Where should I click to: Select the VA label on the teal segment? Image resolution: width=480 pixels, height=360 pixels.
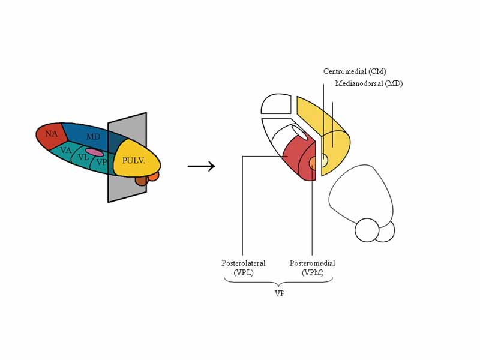[x=66, y=150]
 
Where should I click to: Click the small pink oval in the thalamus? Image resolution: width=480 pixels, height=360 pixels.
[x=94, y=152]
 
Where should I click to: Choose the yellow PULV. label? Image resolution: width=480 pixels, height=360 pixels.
[x=134, y=161]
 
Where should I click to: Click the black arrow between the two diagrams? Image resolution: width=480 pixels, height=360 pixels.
[x=201, y=167]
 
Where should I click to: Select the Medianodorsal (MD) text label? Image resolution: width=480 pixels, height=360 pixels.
[x=368, y=83]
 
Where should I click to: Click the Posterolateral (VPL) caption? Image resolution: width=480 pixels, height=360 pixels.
[x=243, y=268]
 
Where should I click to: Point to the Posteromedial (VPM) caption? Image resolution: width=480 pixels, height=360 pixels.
[x=312, y=268]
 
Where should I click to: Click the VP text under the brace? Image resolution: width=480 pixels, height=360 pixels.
[x=280, y=294]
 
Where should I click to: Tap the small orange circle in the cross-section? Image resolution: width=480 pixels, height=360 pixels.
[x=313, y=163]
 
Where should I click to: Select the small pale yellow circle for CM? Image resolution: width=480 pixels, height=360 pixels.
[x=323, y=160]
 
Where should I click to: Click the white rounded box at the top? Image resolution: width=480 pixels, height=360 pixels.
[x=276, y=104]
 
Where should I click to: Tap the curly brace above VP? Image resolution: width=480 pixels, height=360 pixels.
[x=278, y=283]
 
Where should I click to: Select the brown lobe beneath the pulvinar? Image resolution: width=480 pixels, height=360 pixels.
[x=141, y=179]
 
